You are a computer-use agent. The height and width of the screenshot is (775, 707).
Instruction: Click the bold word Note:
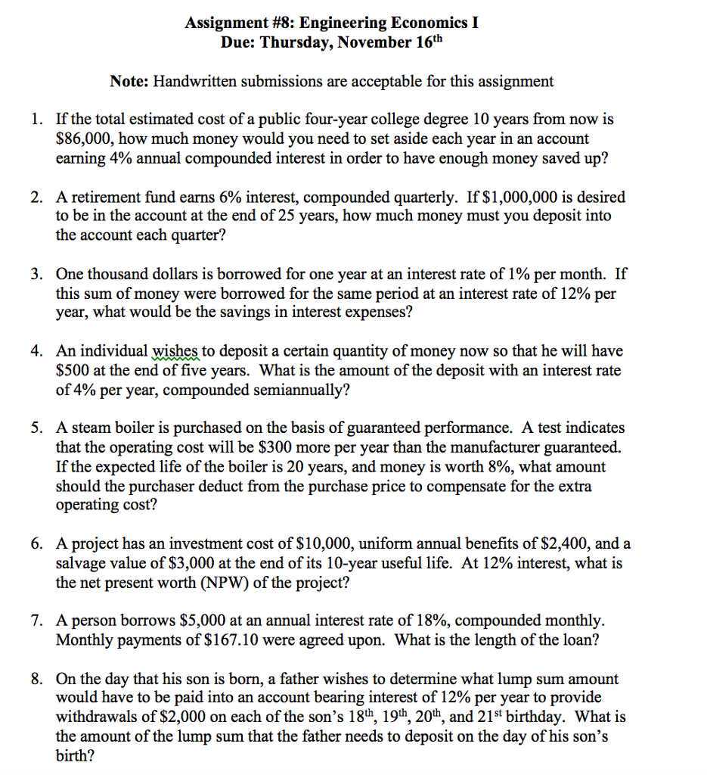tap(134, 81)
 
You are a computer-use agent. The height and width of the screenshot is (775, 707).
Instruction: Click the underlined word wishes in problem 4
tap(175, 352)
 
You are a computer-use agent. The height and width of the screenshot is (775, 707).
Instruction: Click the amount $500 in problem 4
tap(72, 372)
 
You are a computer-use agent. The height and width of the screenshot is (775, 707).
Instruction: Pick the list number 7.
tap(36, 621)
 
